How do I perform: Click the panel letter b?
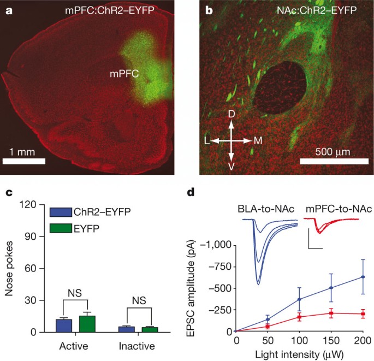(x=208, y=10)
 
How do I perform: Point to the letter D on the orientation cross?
(x=231, y=115)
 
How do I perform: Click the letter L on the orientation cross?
(x=207, y=141)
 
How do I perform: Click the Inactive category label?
(x=137, y=346)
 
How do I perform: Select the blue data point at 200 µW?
(x=363, y=277)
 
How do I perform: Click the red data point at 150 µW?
(x=331, y=313)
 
